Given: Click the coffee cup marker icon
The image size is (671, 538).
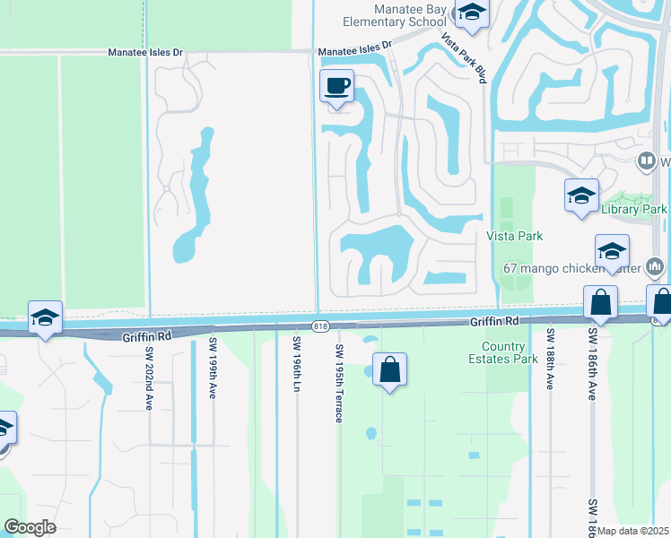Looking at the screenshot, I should [337, 87].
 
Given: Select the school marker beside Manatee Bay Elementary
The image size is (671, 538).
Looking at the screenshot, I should [471, 13].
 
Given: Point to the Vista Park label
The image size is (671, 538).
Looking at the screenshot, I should [515, 236].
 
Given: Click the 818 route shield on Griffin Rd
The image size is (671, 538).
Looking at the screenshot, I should [320, 325].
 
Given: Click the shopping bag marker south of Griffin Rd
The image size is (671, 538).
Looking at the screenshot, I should [390, 370].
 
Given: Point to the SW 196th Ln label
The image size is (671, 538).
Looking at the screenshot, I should [296, 362].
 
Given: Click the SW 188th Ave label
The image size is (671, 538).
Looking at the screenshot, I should [549, 359].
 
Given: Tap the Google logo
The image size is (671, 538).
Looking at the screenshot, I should [30, 527].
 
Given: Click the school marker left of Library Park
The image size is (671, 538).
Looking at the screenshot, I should [581, 196].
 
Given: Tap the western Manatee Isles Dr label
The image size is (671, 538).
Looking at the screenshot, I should [144, 53].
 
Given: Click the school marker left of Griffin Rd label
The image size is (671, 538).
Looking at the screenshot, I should [45, 317].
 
